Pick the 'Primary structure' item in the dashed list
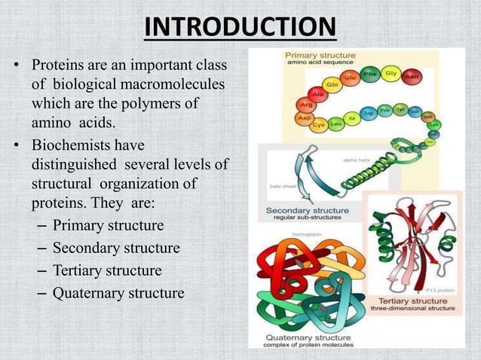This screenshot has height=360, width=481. [x=108, y=226]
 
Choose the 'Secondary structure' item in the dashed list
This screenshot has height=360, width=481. [x=116, y=248]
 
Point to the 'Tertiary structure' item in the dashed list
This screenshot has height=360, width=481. [x=107, y=270]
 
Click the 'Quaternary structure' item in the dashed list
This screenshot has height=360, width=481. [x=118, y=292]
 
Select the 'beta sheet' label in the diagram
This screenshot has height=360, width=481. [x=280, y=185]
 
